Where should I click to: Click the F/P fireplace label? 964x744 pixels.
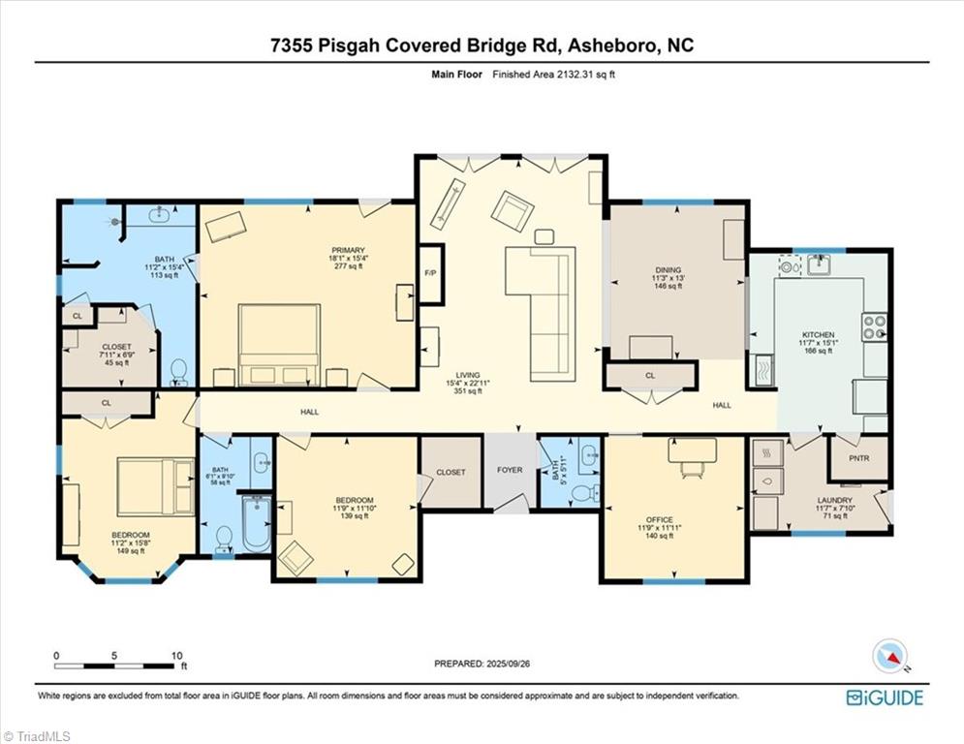(x=429, y=273)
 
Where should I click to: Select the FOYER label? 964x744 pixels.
(x=510, y=472)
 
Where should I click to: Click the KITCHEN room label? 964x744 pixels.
(x=818, y=335)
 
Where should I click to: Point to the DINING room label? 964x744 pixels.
(x=668, y=270)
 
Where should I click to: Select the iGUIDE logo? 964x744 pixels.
(x=885, y=697)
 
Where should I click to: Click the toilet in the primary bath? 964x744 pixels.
(x=178, y=370)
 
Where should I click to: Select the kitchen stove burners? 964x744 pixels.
(x=875, y=326)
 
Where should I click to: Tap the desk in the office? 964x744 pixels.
(x=692, y=450)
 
